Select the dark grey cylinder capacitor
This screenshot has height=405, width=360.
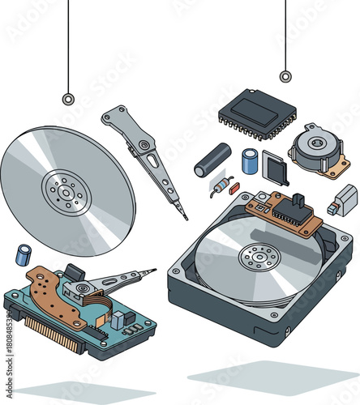(212, 160)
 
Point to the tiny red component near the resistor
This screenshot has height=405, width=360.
(234, 188)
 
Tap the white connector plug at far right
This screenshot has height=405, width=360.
(343, 199)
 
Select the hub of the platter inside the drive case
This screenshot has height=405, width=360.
(259, 258)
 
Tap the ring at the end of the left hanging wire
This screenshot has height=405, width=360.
(68, 99)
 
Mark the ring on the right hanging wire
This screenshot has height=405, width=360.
(285, 77)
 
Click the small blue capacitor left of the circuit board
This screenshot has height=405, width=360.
(25, 254)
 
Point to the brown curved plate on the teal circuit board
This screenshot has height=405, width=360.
(49, 292)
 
